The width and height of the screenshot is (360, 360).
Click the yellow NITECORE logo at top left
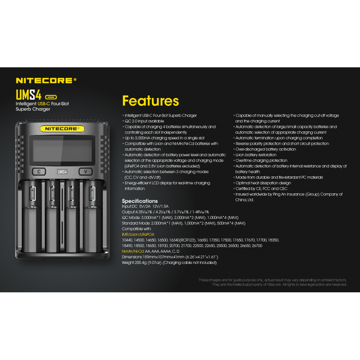tap(46, 80)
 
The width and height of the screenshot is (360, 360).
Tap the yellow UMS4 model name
tap(28, 95)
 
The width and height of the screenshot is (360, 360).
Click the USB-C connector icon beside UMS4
tap(51, 97)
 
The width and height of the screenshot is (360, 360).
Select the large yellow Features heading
tap(150, 101)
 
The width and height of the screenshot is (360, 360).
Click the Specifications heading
tap(140, 201)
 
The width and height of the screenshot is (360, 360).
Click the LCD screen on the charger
tap(62, 150)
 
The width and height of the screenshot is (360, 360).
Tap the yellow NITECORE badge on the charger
tap(62, 129)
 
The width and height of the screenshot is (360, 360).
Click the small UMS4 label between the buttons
tap(62, 172)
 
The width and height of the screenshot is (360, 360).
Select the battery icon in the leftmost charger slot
tap(33, 194)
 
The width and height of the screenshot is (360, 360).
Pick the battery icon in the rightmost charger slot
tap(92, 194)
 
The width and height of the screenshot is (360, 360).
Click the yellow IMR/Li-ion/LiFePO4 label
tap(138, 234)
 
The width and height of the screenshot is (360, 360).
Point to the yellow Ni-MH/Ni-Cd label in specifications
tap(133, 251)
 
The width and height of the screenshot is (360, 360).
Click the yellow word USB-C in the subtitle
tap(44, 104)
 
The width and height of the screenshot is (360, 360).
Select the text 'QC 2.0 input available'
tap(144, 121)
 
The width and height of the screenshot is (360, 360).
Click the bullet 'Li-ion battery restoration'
tap(256, 155)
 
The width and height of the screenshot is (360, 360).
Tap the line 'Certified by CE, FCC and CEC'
tap(261, 189)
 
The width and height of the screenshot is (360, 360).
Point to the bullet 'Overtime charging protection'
tap(261, 161)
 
